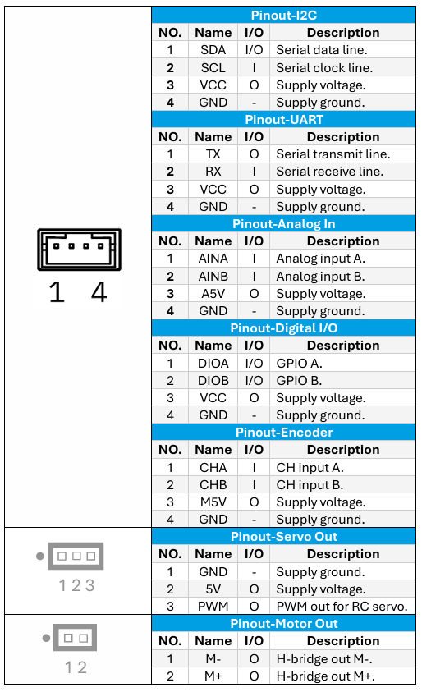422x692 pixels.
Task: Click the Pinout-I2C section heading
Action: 283,16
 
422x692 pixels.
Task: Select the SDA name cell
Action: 213,50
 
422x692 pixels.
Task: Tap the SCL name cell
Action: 213,67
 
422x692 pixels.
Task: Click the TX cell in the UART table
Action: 213,154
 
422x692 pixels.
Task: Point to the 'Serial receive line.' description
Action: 329,172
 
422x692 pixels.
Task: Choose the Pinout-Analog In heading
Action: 283,224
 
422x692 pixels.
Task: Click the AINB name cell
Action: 213,277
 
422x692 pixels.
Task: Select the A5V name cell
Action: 213,294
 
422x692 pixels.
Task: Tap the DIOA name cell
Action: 213,363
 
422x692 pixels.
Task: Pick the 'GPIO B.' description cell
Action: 299,380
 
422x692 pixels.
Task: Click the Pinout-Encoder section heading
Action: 283,433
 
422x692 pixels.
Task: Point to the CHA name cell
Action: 213,467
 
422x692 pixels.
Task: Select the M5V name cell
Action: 213,502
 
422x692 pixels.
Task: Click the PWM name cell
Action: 213,607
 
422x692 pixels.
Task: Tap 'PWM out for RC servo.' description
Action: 342,607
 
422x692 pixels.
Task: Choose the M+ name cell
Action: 213,676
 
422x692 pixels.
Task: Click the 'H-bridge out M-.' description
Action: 324,659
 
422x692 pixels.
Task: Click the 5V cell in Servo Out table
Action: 213,589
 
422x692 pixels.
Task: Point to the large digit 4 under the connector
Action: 99,291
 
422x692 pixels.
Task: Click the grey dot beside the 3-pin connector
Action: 40,556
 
